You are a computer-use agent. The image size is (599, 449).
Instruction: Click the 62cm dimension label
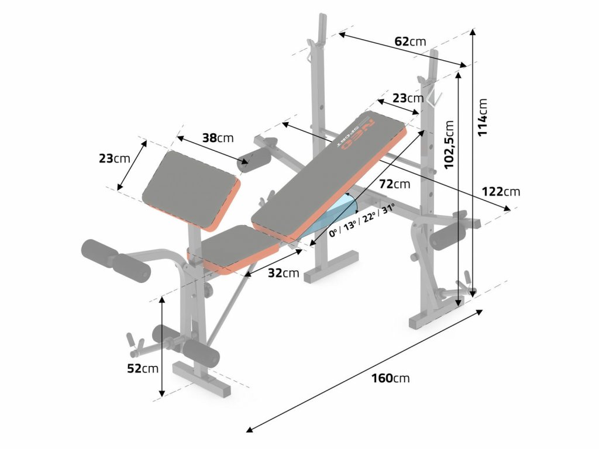point(410,42)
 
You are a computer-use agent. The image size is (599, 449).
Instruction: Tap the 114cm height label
point(483,116)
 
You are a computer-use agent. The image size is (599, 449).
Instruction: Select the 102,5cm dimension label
point(449,145)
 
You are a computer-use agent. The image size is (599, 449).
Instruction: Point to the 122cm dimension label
point(500,191)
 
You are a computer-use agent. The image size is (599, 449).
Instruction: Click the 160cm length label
point(390,378)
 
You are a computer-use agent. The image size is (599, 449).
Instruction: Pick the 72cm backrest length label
point(394,184)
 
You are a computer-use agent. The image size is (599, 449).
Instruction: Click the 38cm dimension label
point(218,138)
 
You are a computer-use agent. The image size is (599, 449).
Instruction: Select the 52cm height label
point(143,368)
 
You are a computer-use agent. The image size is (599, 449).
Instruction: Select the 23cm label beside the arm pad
point(114,158)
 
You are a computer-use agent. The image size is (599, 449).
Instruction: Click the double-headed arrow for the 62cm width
point(403,51)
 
